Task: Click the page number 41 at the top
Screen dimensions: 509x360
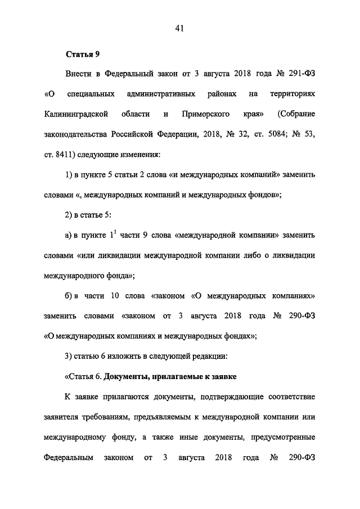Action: tap(179, 28)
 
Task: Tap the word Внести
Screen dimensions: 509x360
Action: tap(79, 73)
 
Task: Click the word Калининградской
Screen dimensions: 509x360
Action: tap(76, 114)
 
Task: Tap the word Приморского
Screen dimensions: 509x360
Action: tap(205, 114)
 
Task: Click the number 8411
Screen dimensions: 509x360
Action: tap(69, 155)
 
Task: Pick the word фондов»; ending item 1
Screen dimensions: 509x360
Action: tap(260, 195)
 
